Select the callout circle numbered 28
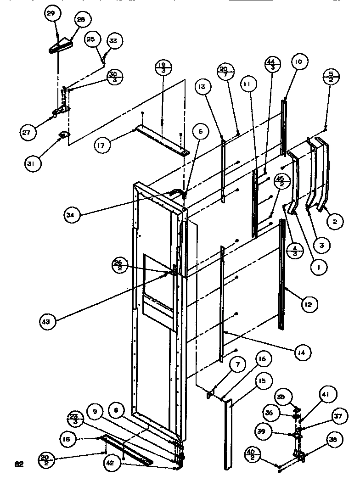click(x=81, y=20)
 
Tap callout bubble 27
click(x=28, y=134)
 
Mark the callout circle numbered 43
click(x=48, y=322)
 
